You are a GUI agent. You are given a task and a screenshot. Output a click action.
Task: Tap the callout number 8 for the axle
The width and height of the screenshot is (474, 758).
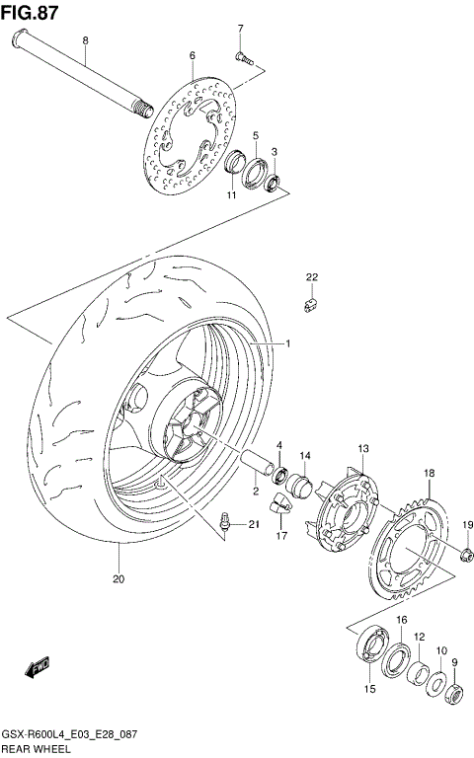click(x=85, y=40)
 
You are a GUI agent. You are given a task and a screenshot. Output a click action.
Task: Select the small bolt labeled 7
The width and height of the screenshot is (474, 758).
click(x=241, y=57)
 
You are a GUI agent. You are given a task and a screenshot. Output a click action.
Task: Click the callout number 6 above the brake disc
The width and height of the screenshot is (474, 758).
click(x=193, y=55)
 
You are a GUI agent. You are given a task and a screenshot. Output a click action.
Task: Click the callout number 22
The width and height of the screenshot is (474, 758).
click(x=311, y=276)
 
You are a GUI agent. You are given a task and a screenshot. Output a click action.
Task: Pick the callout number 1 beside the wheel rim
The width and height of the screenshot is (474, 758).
click(x=287, y=343)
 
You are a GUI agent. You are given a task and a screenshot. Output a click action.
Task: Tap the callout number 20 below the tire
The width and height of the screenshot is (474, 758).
click(x=118, y=579)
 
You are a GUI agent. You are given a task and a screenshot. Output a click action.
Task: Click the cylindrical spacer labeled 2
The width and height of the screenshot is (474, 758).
click(x=255, y=463)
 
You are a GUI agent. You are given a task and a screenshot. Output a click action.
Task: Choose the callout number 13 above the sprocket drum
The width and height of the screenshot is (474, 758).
click(x=362, y=449)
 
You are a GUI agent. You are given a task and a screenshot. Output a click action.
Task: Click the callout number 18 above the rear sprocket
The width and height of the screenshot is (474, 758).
click(x=429, y=475)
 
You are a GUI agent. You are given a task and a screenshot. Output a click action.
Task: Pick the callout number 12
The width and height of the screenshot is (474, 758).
click(x=419, y=638)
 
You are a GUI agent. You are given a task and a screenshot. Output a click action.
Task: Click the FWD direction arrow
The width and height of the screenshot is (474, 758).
click(x=39, y=670)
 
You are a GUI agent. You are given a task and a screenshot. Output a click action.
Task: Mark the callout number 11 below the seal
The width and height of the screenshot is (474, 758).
click(x=231, y=196)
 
